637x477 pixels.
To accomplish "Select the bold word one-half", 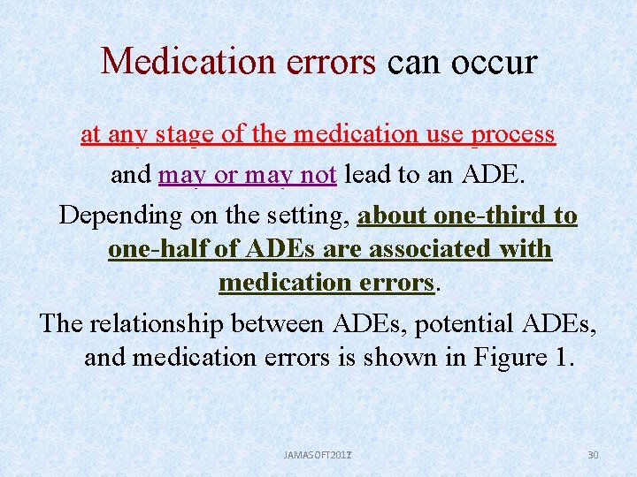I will [155, 250].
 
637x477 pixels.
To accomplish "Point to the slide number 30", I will [593, 455].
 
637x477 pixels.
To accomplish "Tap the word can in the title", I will [411, 62].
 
